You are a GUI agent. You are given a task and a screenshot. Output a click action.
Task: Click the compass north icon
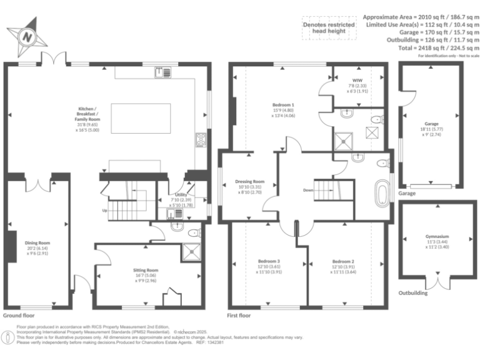[x=27, y=37]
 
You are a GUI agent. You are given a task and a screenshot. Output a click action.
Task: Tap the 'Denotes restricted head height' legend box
[x=324, y=28]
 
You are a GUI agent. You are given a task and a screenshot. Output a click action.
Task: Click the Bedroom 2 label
[x=344, y=264]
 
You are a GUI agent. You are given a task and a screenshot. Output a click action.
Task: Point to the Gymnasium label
[x=437, y=241]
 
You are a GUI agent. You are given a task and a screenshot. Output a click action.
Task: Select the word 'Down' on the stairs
[x=308, y=190]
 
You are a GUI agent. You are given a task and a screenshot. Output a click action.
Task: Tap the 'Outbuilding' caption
[x=413, y=292]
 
